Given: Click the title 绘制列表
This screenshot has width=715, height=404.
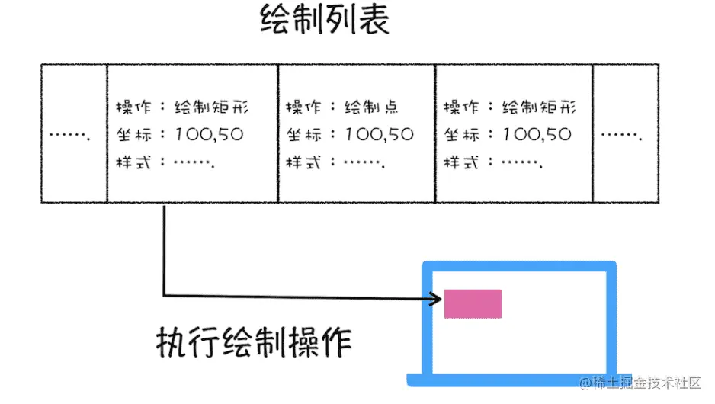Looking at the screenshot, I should [325, 21].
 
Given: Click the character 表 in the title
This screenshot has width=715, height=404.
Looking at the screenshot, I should [373, 21].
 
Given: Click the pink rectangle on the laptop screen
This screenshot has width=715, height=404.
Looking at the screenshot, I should [473, 303].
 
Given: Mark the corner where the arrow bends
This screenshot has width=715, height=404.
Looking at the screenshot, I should [164, 296].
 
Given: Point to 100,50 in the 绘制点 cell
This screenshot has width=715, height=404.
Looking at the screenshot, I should [379, 135].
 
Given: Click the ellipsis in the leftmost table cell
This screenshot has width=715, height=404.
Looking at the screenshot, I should [70, 136].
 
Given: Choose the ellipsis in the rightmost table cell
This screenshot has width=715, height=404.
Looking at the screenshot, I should [621, 136].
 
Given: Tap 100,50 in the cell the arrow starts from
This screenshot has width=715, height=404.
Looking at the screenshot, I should [209, 135].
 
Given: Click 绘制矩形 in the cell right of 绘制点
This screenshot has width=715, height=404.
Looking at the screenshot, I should [540, 107].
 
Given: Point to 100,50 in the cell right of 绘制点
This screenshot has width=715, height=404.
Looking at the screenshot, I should [537, 135].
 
